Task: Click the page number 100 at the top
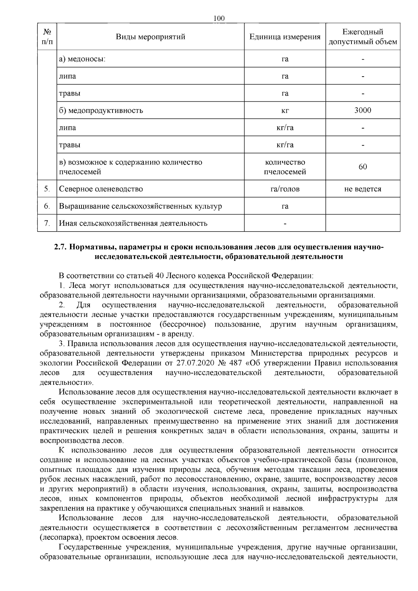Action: [219, 18]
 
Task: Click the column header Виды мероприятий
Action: [150, 37]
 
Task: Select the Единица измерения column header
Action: [285, 37]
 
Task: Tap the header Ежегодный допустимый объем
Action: [363, 37]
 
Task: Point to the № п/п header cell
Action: [47, 37]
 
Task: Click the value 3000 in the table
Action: [363, 110]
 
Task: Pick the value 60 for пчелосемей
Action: [363, 167]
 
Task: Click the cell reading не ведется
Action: [363, 189]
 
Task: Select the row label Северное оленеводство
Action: [101, 189]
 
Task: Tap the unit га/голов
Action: [285, 189]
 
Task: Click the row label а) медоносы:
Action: [82, 59]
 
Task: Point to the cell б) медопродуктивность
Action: [101, 111]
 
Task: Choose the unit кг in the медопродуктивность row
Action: [285, 111]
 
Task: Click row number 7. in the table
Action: [47, 223]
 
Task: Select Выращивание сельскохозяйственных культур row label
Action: [140, 206]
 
